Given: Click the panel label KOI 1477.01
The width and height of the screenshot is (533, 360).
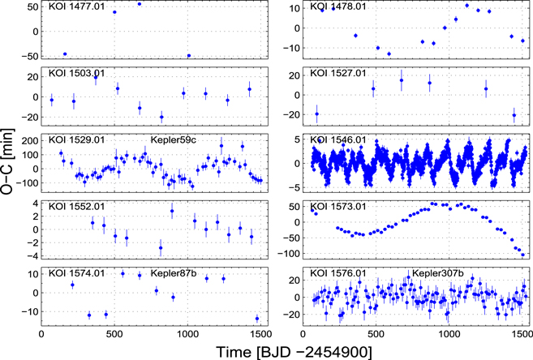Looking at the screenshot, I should [x=75, y=6].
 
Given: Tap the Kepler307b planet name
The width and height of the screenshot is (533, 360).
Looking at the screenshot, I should [x=437, y=272].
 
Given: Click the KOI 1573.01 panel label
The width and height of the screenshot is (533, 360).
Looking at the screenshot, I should [x=339, y=206].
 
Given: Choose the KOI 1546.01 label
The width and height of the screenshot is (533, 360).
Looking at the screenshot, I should [x=339, y=139].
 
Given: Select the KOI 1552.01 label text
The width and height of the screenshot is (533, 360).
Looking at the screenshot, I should [x=75, y=206].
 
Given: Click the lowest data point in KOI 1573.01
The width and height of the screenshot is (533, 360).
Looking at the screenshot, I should [x=523, y=255].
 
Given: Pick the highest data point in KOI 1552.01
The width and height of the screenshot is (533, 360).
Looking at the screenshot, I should [x=172, y=211].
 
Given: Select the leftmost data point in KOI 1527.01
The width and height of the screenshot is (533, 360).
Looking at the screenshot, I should [x=316, y=114].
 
